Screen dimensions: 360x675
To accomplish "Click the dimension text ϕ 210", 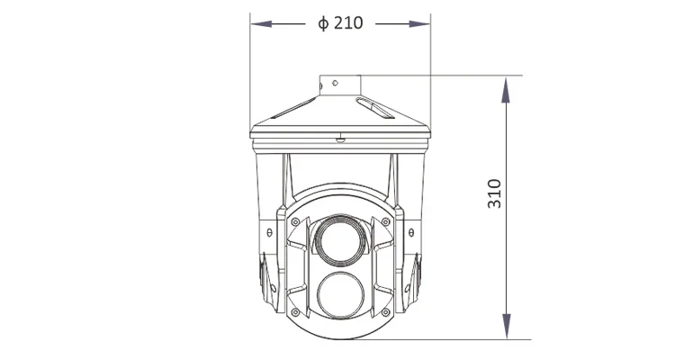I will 340,23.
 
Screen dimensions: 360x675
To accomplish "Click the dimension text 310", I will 494,194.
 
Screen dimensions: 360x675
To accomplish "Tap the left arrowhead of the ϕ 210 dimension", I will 257,23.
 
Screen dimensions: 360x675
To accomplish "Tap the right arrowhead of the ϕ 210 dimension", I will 423,23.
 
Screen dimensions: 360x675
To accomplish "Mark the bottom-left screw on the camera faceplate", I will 295,312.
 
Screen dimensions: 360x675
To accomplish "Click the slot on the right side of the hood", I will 374,109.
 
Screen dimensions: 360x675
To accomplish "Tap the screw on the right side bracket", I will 408,232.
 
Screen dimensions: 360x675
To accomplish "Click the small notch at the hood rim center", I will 339,138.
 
